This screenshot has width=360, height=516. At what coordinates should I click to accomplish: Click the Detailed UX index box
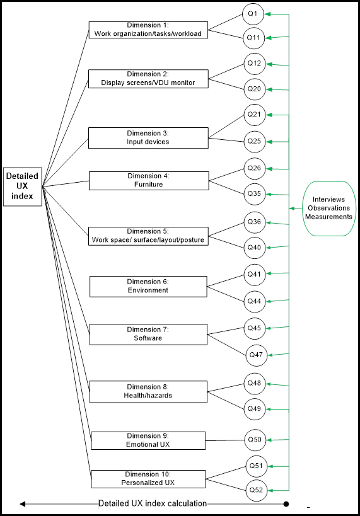click(23, 186)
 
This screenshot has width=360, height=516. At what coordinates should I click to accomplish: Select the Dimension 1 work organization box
click(148, 30)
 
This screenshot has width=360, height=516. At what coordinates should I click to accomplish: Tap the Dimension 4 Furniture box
click(149, 181)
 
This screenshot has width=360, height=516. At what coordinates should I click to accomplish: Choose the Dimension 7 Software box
click(148, 335)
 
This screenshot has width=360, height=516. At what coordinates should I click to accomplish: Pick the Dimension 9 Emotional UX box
click(148, 440)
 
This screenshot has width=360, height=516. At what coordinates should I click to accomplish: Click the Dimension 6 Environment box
click(148, 287)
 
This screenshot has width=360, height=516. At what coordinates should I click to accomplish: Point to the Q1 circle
click(253, 14)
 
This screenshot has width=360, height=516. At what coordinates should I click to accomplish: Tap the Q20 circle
click(255, 89)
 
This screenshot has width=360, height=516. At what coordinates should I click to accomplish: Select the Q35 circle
click(255, 194)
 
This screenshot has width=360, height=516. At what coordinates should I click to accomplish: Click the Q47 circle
click(256, 355)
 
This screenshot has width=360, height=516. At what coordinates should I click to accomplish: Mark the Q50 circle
click(255, 440)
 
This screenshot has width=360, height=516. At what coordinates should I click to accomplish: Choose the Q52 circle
click(256, 490)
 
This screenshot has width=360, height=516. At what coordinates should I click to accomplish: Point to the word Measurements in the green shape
click(328, 217)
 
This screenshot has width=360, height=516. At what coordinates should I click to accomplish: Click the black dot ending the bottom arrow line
click(286, 504)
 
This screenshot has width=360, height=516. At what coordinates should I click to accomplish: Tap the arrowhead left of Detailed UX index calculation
click(23, 504)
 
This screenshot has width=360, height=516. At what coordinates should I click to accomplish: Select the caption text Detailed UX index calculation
click(153, 503)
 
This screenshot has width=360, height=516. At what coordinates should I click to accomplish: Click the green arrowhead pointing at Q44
click(269, 301)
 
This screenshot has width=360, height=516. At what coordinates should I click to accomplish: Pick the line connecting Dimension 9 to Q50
click(224, 440)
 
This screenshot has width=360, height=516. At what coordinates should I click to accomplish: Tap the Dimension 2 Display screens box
click(148, 79)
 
